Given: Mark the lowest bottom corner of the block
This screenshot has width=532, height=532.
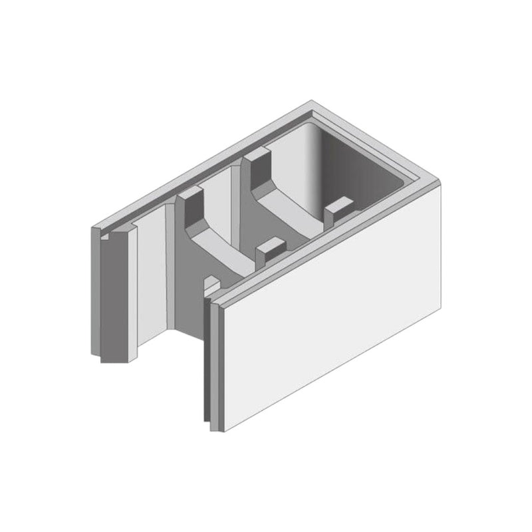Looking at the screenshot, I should [213, 430].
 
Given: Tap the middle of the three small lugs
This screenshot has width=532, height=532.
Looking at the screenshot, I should [269, 250].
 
